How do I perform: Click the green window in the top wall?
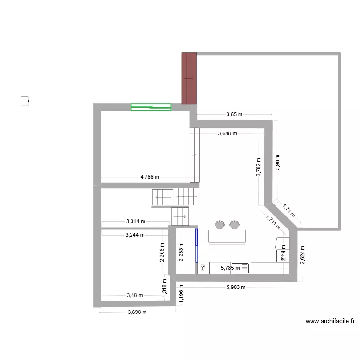click(x=151, y=107)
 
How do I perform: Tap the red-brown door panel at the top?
click(x=190, y=78)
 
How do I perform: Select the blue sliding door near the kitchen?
click(x=196, y=245)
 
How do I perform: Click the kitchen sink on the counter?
click(x=240, y=268)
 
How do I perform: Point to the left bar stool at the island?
click(x=220, y=224)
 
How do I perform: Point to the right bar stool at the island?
click(x=234, y=224)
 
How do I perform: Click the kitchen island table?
click(x=227, y=236)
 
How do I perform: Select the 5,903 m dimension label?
click(x=236, y=288)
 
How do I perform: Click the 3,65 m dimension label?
click(x=235, y=115)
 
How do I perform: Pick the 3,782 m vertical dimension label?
click(x=259, y=168)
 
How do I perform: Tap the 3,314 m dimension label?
click(x=135, y=221)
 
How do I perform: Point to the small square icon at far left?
click(x=24, y=101)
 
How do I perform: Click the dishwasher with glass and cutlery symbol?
click(x=204, y=268)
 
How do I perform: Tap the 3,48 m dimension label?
click(x=134, y=296)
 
